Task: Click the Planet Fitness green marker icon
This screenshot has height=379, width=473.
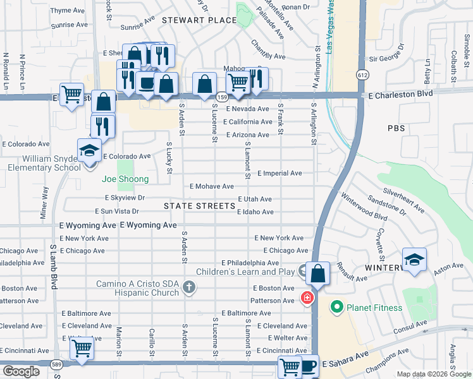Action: [336, 308]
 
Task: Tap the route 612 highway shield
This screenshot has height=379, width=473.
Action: [362, 75]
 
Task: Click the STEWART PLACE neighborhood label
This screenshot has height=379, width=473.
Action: [190, 20]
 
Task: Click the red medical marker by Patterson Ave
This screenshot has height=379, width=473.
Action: [307, 297]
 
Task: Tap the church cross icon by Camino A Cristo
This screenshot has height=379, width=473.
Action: [187, 288]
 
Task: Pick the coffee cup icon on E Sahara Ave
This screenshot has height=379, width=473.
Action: [307, 366]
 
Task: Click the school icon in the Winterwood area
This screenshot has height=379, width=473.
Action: [414, 260]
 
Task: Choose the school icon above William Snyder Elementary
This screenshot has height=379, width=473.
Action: [89, 150]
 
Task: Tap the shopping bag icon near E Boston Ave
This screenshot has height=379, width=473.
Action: [318, 274]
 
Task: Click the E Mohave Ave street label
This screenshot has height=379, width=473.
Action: [212, 186]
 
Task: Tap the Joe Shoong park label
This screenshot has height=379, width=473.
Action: [126, 179]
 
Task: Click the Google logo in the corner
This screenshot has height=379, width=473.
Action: [21, 371]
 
